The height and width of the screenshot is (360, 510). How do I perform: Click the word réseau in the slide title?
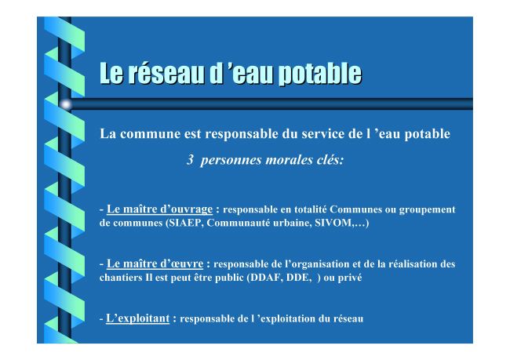166,74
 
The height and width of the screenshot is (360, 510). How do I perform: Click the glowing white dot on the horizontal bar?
66,104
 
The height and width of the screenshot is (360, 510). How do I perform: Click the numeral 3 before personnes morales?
191,160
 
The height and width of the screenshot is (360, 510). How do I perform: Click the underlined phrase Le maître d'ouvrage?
159,209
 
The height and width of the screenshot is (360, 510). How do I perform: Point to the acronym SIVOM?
333,223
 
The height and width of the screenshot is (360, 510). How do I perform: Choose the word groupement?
427,210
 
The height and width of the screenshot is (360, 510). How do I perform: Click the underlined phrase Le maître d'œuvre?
155,264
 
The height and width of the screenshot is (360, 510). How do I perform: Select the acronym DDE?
298,278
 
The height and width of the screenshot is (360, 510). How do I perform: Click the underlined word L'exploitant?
137,318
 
